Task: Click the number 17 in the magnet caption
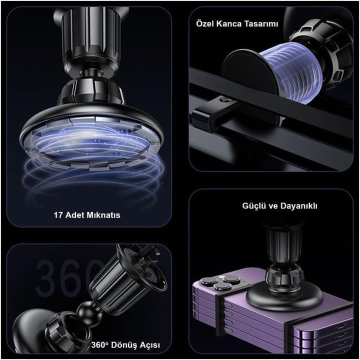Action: click(58, 215)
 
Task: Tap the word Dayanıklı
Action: click(299, 206)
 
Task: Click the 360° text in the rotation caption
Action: click(99, 345)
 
